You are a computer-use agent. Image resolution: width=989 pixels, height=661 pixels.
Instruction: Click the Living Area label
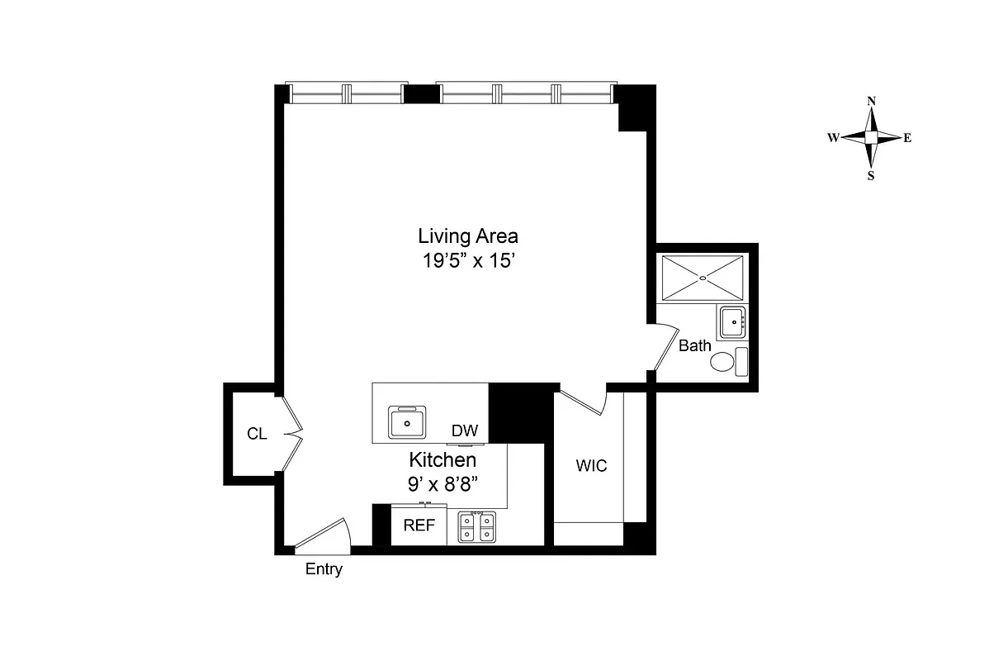(467, 236)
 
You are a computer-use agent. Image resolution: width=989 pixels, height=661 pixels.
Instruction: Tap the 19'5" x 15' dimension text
(467, 260)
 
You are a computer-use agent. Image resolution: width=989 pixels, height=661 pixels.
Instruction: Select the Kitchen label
(442, 460)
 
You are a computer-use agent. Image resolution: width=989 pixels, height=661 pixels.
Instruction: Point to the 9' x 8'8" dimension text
(442, 485)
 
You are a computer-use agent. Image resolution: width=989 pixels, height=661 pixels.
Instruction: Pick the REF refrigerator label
(419, 525)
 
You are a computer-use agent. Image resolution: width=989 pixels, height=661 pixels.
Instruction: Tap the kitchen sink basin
(408, 423)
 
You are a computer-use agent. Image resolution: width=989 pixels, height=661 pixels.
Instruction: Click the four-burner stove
(476, 527)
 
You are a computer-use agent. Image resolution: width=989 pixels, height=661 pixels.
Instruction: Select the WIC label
(591, 466)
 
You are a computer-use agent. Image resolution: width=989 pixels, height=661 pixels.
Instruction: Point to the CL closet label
(257, 433)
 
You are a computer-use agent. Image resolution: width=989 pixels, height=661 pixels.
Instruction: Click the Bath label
(694, 346)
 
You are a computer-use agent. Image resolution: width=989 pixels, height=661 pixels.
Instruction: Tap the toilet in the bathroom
(723, 362)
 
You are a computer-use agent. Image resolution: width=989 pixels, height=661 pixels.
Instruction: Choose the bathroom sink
(731, 322)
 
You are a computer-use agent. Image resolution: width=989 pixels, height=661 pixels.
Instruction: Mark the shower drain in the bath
(703, 278)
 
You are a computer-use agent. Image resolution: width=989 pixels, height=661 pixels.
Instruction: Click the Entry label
(324, 569)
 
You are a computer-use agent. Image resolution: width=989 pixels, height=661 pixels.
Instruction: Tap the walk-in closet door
(584, 402)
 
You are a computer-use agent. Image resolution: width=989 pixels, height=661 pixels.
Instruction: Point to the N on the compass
(871, 101)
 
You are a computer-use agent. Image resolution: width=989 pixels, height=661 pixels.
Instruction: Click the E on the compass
(906, 138)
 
